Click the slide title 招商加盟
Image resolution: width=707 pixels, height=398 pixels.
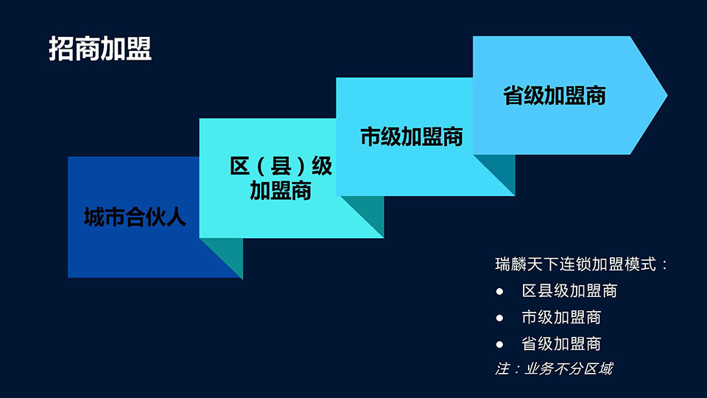coord(100,49)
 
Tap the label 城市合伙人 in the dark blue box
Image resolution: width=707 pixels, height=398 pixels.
coord(135,217)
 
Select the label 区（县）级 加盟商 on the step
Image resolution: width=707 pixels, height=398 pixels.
coord(281,178)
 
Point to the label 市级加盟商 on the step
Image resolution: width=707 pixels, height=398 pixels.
coord(412,137)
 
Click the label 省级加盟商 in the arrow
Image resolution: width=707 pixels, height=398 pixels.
coord(554,96)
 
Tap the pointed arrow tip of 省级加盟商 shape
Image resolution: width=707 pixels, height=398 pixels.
coord(666,95)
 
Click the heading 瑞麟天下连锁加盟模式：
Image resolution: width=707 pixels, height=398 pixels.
coord(581,265)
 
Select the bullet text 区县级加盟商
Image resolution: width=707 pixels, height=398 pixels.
coord(569,291)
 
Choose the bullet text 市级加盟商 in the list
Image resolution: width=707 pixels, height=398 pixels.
coord(561,317)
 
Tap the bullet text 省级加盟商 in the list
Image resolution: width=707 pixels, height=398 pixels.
coord(561,344)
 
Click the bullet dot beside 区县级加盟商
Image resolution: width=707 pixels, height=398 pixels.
coord(499,292)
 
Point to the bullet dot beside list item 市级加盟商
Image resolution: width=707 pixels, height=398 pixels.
coord(499,318)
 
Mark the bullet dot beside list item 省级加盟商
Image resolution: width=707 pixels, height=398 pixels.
coord(499,345)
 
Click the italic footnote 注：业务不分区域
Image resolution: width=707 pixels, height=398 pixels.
coord(554,369)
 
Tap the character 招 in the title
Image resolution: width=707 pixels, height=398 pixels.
coord(61,49)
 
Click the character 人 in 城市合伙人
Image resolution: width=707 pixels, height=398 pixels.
coord(176,217)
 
